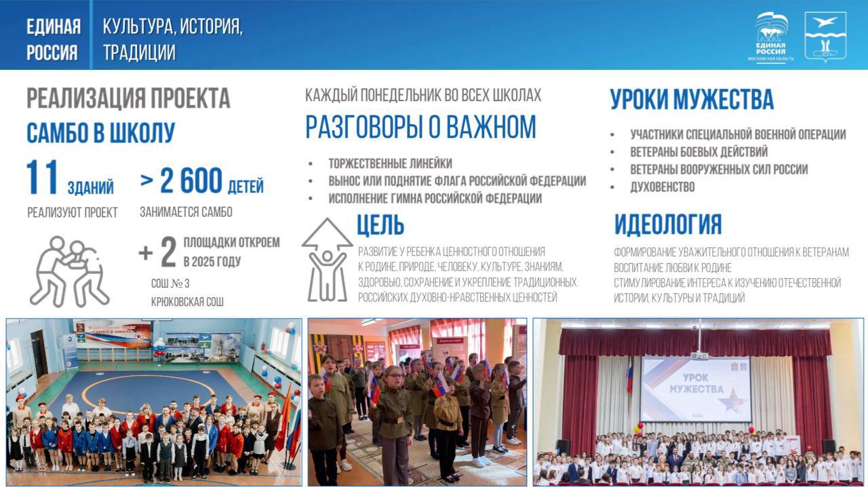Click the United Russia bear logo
point(771,37)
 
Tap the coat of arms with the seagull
point(825,37)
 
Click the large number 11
point(42,178)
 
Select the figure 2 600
point(191,180)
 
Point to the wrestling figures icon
point(69,271)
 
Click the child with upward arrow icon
point(328,259)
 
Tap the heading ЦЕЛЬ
point(380,225)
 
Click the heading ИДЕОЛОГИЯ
point(668,224)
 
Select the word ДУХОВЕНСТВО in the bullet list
point(663,187)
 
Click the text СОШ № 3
point(170,284)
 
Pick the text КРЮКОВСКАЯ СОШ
point(187,302)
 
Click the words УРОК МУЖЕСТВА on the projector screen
point(696,383)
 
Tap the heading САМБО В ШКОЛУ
point(101,133)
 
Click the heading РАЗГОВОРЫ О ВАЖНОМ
point(421,127)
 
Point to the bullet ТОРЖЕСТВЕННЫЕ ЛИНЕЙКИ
point(390,163)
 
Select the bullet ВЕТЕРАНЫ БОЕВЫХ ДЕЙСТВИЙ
point(698,152)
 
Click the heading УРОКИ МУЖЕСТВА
point(692,99)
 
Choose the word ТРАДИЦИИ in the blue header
point(139,52)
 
